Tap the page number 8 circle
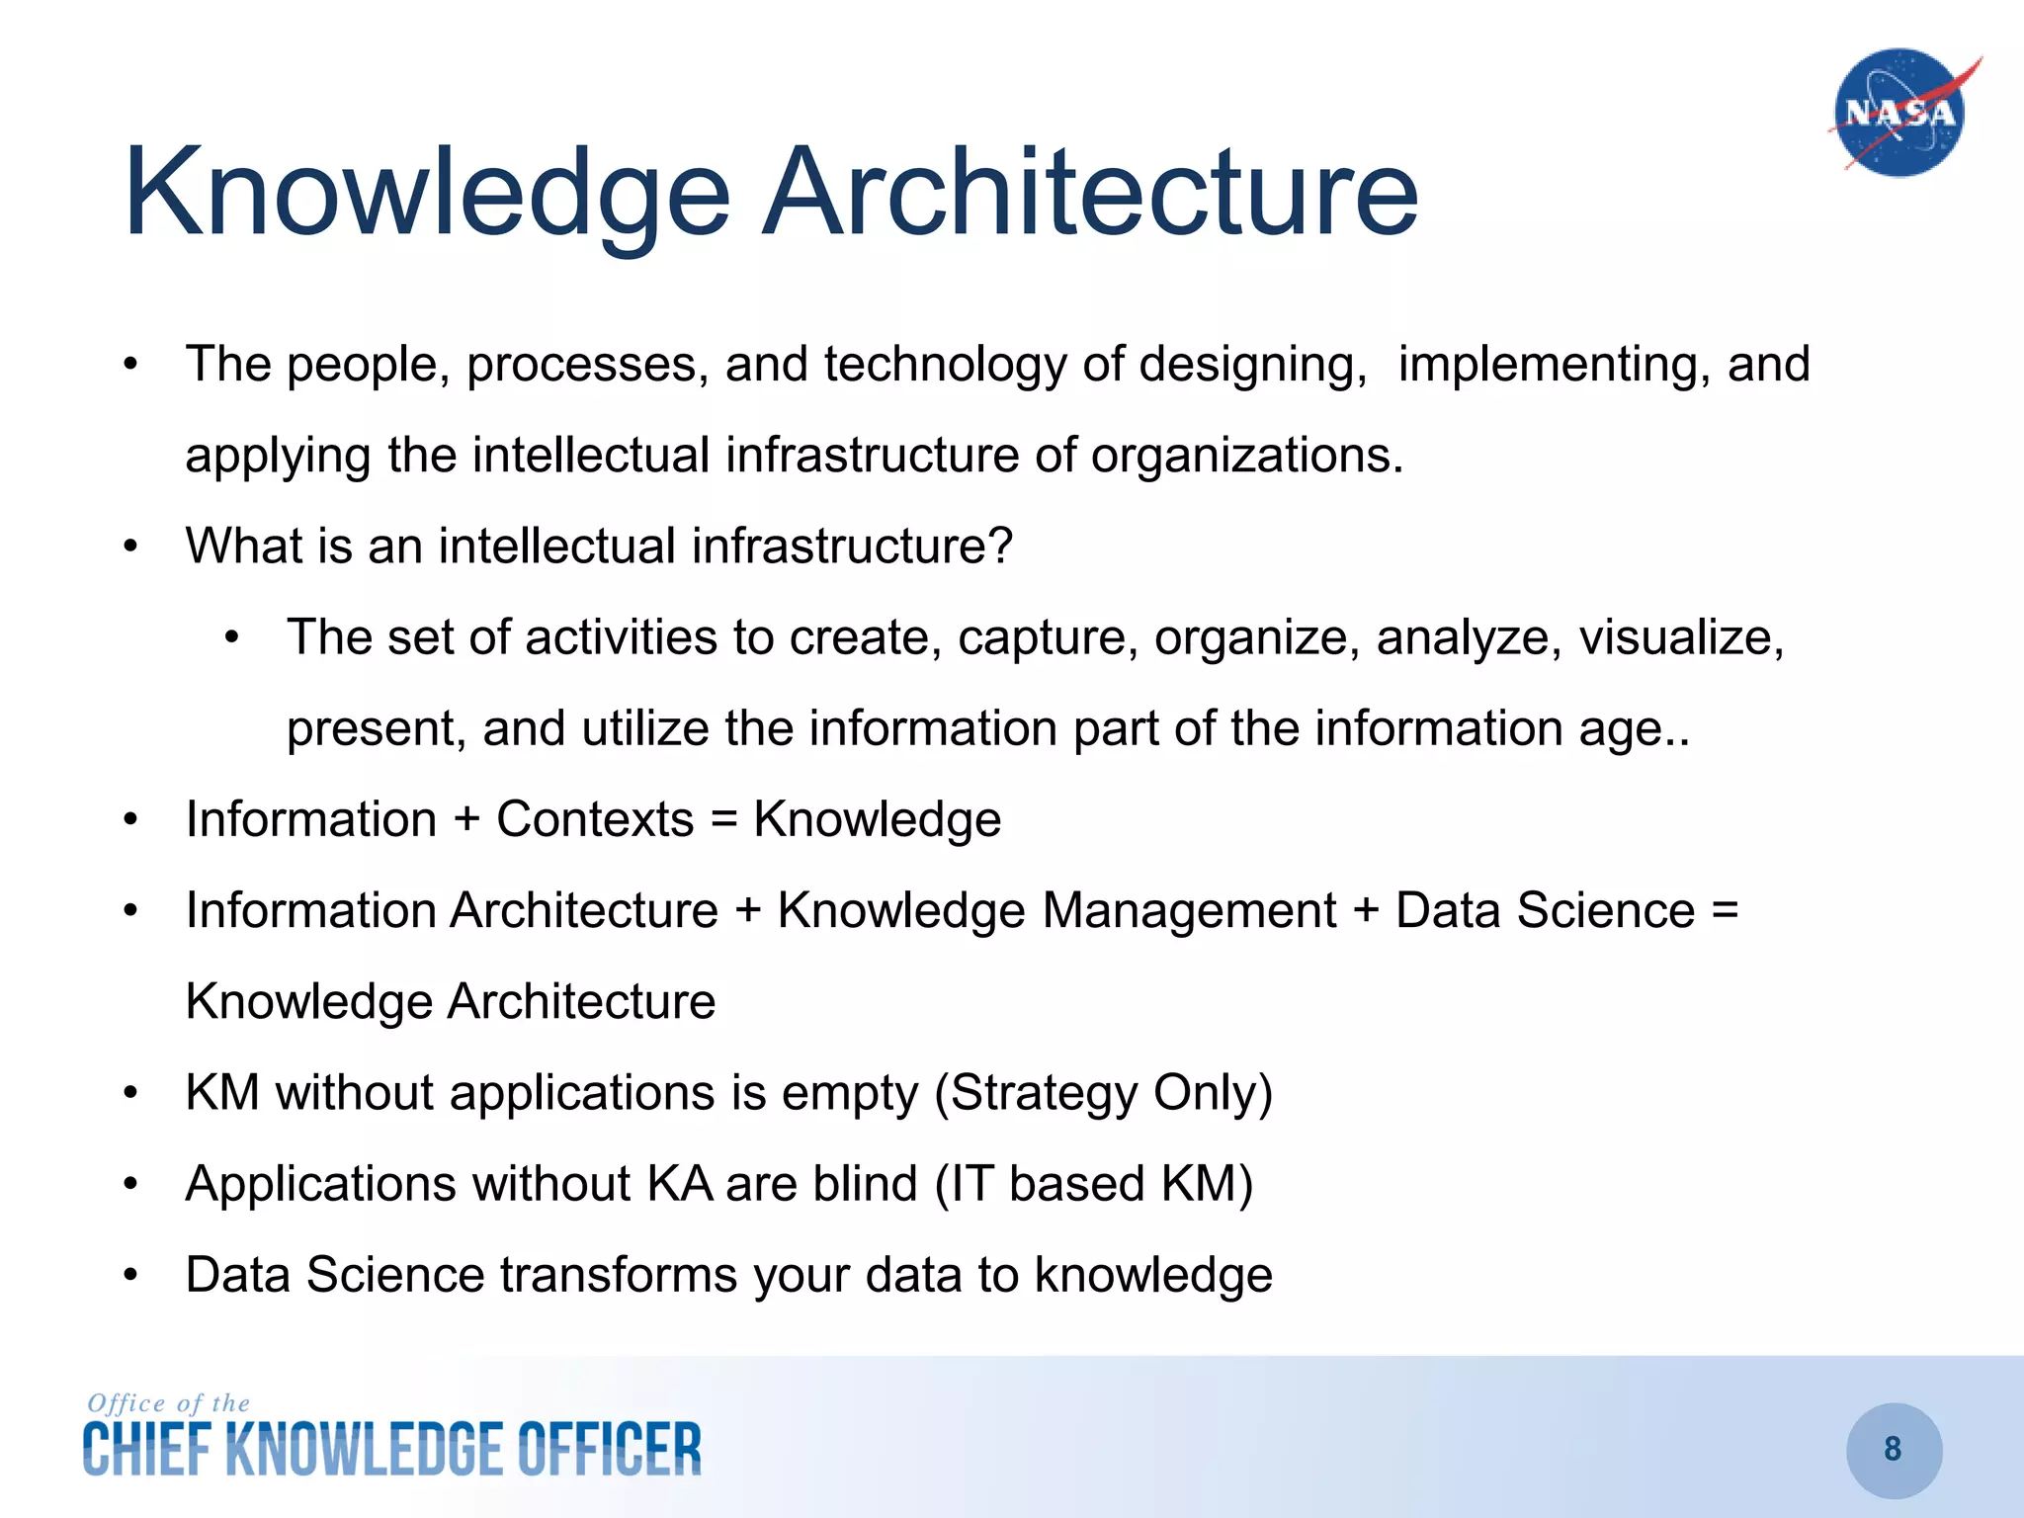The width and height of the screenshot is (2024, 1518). [1894, 1449]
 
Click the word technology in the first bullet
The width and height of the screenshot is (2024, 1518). [945, 365]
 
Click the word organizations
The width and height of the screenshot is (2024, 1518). [1246, 456]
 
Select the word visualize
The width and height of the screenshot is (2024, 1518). [1680, 637]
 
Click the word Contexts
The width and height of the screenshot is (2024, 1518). [595, 819]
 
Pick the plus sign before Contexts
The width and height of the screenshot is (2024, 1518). [466, 820]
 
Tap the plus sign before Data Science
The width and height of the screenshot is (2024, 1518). [1366, 911]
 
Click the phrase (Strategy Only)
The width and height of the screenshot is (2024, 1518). [1103, 1093]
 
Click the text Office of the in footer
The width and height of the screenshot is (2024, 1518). [169, 1403]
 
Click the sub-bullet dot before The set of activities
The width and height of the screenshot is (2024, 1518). [231, 637]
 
